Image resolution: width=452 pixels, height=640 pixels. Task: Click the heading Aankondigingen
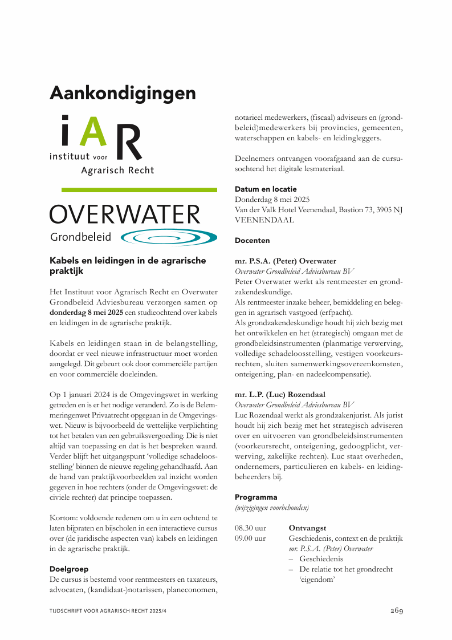coord(123,93)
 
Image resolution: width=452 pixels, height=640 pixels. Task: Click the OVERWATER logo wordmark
coord(125,215)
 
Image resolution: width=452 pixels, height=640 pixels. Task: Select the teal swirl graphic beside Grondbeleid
coord(169,237)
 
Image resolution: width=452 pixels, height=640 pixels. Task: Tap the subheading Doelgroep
coord(69,569)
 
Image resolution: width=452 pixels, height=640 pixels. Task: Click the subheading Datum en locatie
coord(266,189)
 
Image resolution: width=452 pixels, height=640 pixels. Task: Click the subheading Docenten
coord(252,241)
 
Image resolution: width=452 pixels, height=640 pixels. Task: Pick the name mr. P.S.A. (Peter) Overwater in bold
coord(286,261)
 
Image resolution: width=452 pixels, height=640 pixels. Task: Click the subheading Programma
coord(256,497)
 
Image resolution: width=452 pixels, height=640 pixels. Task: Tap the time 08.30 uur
coord(250,528)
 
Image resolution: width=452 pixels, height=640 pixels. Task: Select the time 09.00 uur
coord(250,538)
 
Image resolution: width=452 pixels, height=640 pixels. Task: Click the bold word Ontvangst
coord(307,528)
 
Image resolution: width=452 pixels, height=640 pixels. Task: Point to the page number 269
coord(397,611)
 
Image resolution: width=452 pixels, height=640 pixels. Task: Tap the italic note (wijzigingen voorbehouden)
coord(272,507)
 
